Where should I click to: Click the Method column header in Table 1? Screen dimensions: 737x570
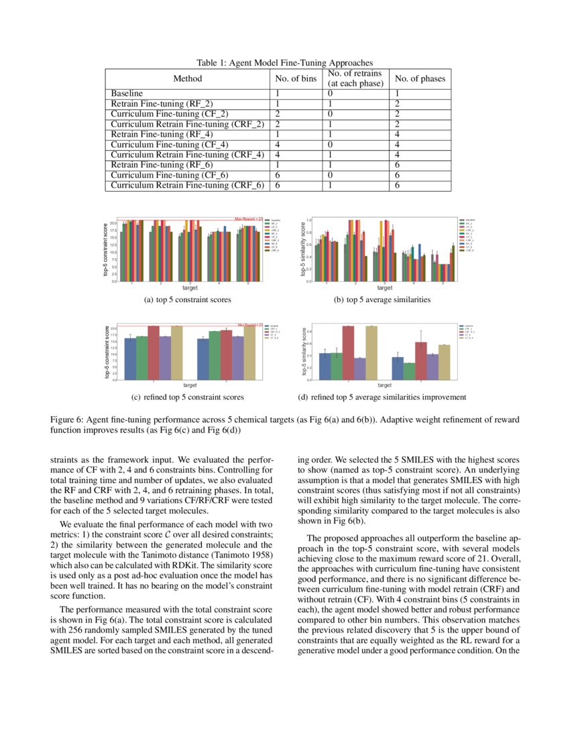187,78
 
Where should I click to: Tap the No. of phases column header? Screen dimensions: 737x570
420,78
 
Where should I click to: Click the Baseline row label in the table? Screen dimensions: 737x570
127,93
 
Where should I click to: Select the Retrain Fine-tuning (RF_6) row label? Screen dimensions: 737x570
162,165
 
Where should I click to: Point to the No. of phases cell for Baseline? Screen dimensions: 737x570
398,93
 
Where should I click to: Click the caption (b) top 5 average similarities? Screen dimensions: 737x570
382,300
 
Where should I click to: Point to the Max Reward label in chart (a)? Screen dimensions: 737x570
249,218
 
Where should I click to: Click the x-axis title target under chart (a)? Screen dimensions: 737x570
190,287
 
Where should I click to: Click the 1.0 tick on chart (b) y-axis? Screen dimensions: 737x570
308,220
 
